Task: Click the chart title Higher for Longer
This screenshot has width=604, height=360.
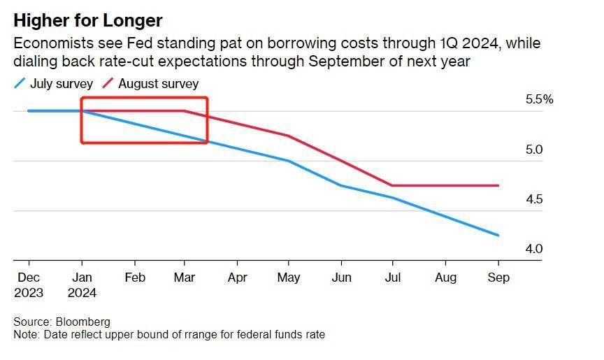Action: point(87,20)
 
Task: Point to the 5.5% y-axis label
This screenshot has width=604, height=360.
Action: point(539,100)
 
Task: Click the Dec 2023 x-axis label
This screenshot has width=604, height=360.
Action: point(29,285)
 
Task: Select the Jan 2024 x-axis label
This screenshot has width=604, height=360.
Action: point(82,285)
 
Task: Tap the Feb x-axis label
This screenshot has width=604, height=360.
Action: point(134,278)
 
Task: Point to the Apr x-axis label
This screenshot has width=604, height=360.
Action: point(238,278)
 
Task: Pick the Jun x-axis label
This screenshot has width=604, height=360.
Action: point(341,278)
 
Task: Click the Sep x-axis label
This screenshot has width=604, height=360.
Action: point(498,278)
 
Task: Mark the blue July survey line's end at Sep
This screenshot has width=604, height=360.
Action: point(498,236)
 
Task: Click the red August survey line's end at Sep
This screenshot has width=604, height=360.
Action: point(498,185)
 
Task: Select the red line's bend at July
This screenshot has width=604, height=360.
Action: point(392,185)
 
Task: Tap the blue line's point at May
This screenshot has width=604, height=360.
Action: point(289,161)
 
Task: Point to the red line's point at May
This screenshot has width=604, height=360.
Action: point(289,136)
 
